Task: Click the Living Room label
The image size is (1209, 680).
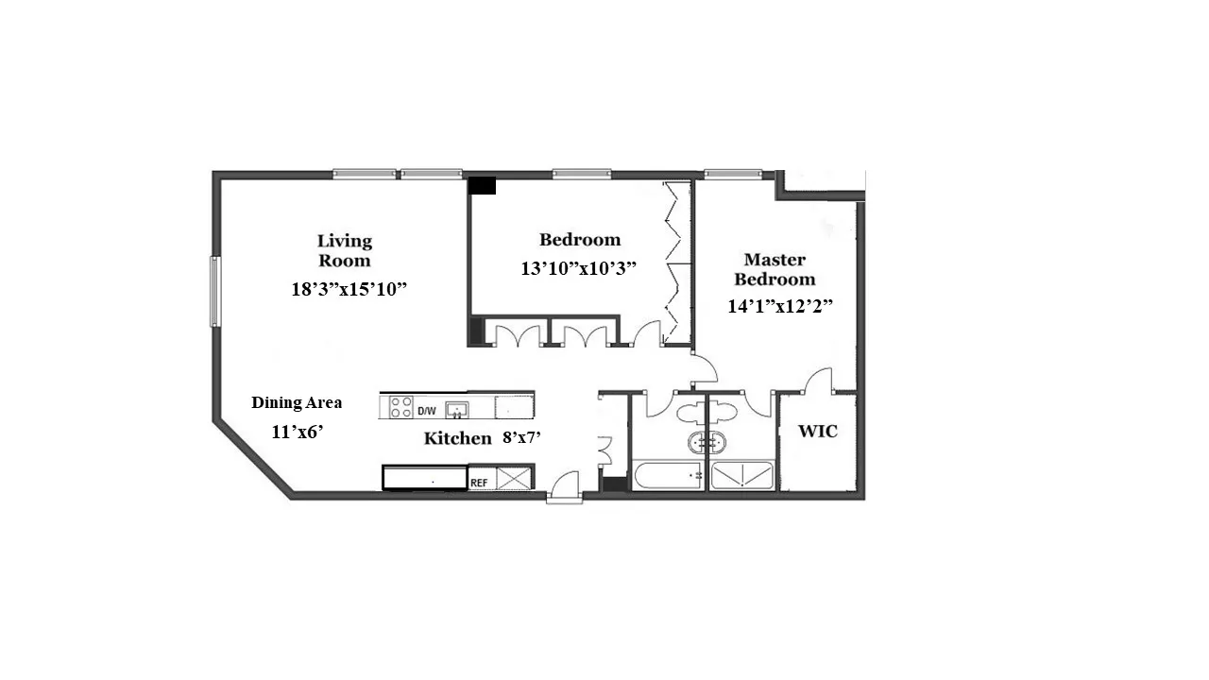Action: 344,250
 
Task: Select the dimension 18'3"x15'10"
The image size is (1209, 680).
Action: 349,289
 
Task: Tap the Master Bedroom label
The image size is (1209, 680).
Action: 775,269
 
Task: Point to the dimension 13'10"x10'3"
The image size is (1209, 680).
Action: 579,267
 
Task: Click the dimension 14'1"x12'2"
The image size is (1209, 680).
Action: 779,306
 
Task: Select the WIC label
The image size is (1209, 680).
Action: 818,432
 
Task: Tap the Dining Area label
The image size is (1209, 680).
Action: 297,402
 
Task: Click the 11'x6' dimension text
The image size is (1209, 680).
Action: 298,432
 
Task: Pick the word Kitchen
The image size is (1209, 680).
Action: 457,438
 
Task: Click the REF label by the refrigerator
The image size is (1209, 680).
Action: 480,482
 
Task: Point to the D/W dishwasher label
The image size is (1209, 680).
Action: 427,410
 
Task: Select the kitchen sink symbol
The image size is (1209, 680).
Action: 458,409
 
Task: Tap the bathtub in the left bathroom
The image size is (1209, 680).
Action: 667,476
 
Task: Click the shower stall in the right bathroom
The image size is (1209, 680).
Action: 742,476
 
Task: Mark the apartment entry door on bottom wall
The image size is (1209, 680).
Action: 563,486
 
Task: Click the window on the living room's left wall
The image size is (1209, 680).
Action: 214,292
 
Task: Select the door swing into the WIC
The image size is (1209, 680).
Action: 818,381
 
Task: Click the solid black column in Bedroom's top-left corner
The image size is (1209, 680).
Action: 482,185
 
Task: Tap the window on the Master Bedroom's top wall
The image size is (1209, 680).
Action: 733,174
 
